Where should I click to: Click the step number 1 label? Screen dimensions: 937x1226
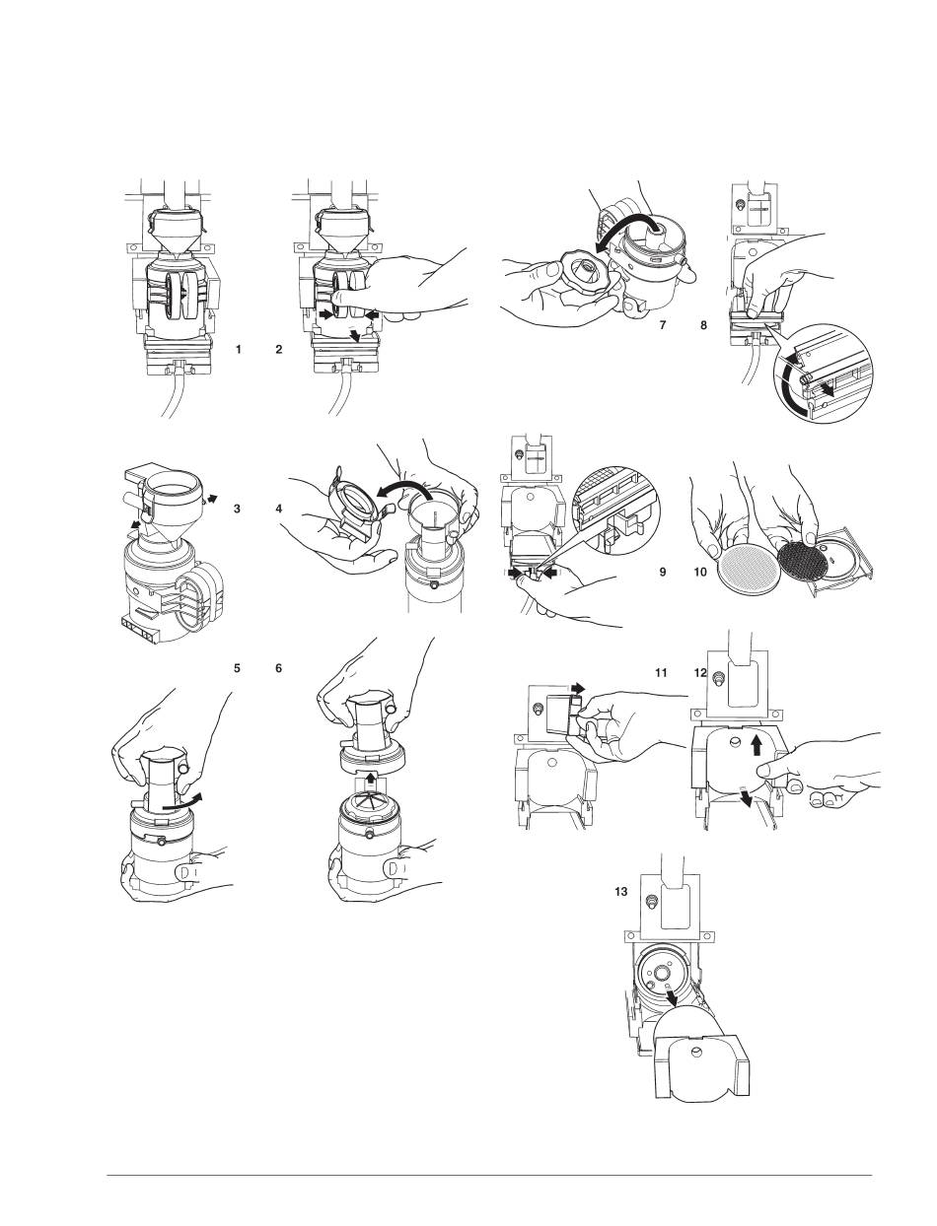pyautogui.click(x=238, y=350)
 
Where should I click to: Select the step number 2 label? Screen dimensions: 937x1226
pyautogui.click(x=280, y=350)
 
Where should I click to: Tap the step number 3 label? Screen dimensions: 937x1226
pyautogui.click(x=238, y=510)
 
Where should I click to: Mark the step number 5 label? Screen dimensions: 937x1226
pyautogui.click(x=237, y=667)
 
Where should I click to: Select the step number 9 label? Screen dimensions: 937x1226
pyautogui.click(x=663, y=571)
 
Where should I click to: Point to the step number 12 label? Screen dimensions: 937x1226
pyautogui.click(x=701, y=673)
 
